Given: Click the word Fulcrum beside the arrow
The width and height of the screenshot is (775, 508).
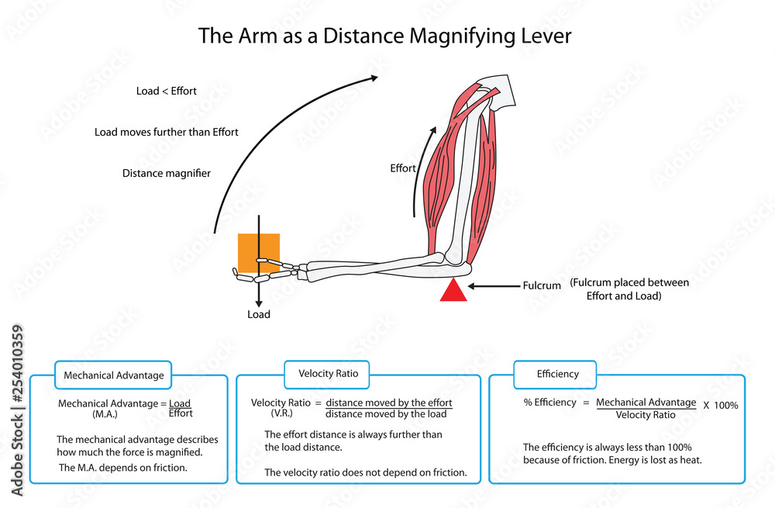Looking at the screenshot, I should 541,285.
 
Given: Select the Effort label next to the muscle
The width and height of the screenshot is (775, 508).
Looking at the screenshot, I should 403,168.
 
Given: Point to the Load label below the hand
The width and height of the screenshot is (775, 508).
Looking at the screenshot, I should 259,315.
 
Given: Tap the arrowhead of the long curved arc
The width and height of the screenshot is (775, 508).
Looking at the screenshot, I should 374,77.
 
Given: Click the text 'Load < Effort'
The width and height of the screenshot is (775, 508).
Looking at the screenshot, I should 167,91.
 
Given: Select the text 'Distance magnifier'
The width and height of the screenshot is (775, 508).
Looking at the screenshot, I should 167,173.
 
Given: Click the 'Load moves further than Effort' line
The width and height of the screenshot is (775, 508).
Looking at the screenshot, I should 167,132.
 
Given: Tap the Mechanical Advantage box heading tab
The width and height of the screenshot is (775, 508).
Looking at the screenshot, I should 114,375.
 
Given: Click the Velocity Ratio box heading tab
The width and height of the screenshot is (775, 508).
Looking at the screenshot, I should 328,374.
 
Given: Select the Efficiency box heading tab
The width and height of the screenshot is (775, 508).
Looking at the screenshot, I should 557,374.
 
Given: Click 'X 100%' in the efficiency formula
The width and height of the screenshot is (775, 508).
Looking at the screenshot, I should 721,406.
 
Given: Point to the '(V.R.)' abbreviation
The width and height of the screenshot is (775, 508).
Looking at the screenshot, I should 281,414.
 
